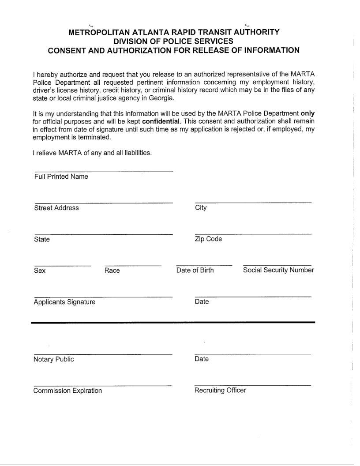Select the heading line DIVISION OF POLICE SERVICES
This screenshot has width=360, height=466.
[173, 41]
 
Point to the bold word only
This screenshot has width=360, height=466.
[307, 113]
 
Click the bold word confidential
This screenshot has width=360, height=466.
[161, 121]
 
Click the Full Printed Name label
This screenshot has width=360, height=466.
[61, 177]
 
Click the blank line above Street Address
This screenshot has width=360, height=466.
[103, 203]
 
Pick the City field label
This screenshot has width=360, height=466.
[201, 208]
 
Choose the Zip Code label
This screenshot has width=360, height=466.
[208, 239]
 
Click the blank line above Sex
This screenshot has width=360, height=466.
[62, 266]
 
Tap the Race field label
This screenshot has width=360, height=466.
[112, 271]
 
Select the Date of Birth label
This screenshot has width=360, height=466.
[195, 271]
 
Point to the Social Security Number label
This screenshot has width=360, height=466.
[278, 270]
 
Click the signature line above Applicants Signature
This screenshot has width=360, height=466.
[103, 297]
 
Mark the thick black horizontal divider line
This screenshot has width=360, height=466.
[173, 323]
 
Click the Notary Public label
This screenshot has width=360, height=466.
[53, 359]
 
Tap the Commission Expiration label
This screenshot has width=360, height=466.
[67, 391]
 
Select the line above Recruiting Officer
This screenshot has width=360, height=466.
[252, 385]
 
